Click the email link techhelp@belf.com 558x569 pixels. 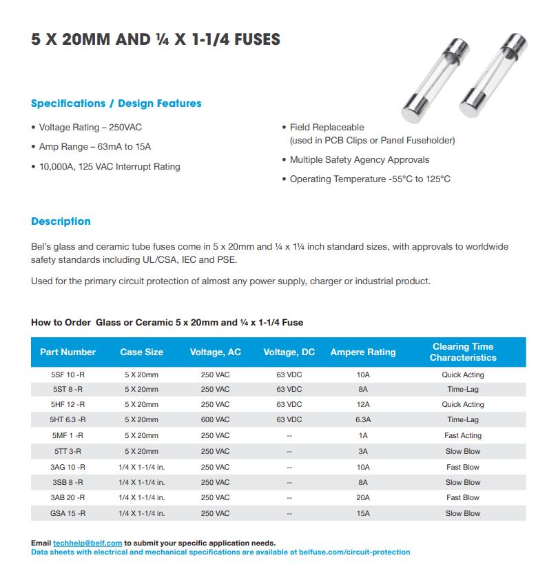tap(87, 543)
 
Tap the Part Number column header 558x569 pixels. tap(68, 352)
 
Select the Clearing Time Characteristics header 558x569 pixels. tap(463, 352)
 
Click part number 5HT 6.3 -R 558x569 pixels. tap(68, 419)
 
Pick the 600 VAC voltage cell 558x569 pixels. tap(215, 419)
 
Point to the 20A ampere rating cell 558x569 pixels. tap(363, 497)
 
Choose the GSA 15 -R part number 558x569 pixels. tap(68, 513)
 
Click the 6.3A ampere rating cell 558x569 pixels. tap(363, 419)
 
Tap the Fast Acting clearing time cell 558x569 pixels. tap(463, 435)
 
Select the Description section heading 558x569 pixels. tap(61, 221)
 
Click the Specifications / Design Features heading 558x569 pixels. tap(116, 103)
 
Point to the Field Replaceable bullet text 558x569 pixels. tap(327, 128)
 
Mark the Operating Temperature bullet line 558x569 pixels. tap(370, 179)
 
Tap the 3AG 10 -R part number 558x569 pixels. tap(68, 467)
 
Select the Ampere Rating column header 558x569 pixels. tap(363, 352)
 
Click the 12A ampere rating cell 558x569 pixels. tap(363, 404)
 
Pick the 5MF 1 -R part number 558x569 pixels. tap(68, 435)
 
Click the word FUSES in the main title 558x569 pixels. tap(253, 39)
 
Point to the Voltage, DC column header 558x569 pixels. tap(289, 352)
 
